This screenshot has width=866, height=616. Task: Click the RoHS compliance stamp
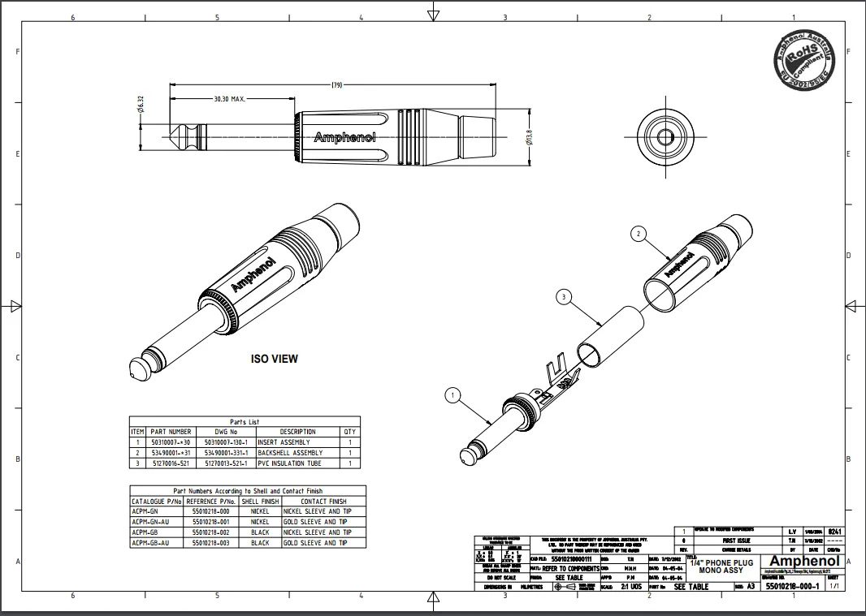tap(804, 60)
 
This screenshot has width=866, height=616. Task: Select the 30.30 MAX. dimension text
tap(229, 99)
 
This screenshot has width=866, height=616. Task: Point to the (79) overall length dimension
tap(336, 84)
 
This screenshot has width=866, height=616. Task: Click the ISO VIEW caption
tap(273, 358)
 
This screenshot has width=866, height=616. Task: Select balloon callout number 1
tap(453, 395)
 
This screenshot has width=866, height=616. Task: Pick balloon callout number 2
tap(639, 234)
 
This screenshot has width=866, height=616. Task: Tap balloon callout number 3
tap(565, 298)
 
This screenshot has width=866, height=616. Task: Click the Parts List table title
tap(244, 422)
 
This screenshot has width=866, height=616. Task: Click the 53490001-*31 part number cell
tap(171, 453)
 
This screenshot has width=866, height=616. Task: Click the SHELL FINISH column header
tap(260, 502)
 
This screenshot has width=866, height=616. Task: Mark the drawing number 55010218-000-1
tap(792, 586)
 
